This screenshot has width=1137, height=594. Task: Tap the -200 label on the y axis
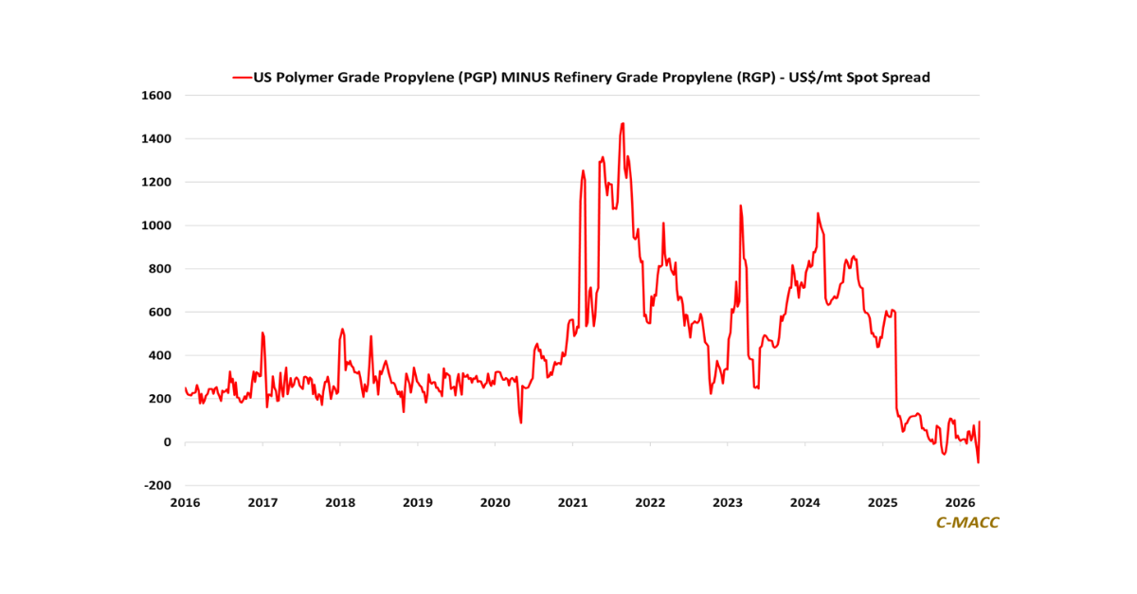point(158,486)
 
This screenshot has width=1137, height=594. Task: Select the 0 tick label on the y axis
point(167,442)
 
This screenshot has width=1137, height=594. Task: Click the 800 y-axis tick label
point(161,269)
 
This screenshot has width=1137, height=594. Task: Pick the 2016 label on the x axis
point(185,503)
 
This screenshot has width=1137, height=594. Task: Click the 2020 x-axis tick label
point(495,503)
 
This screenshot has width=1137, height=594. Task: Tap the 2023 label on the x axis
point(728,503)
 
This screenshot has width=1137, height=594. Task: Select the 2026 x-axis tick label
point(961,503)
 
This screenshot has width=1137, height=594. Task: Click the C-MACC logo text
point(967,523)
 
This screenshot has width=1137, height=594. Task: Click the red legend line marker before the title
point(242,78)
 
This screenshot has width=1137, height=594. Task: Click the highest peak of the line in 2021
point(623,123)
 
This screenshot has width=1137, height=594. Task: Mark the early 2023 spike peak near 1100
point(740,205)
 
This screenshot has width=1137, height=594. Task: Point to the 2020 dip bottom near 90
point(521,423)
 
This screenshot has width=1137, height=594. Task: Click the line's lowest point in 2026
point(978,462)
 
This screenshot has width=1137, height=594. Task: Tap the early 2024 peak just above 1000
point(818,213)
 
